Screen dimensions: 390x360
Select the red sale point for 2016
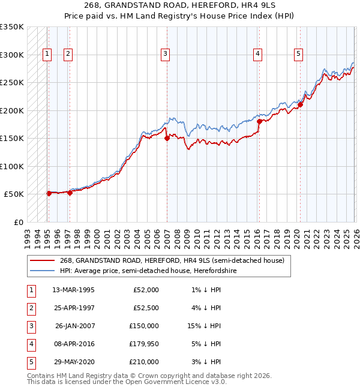259,121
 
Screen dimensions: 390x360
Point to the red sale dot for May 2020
300,105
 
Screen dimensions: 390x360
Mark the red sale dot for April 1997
70,193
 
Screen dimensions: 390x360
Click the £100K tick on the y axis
12,166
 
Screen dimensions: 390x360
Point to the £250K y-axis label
12,83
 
